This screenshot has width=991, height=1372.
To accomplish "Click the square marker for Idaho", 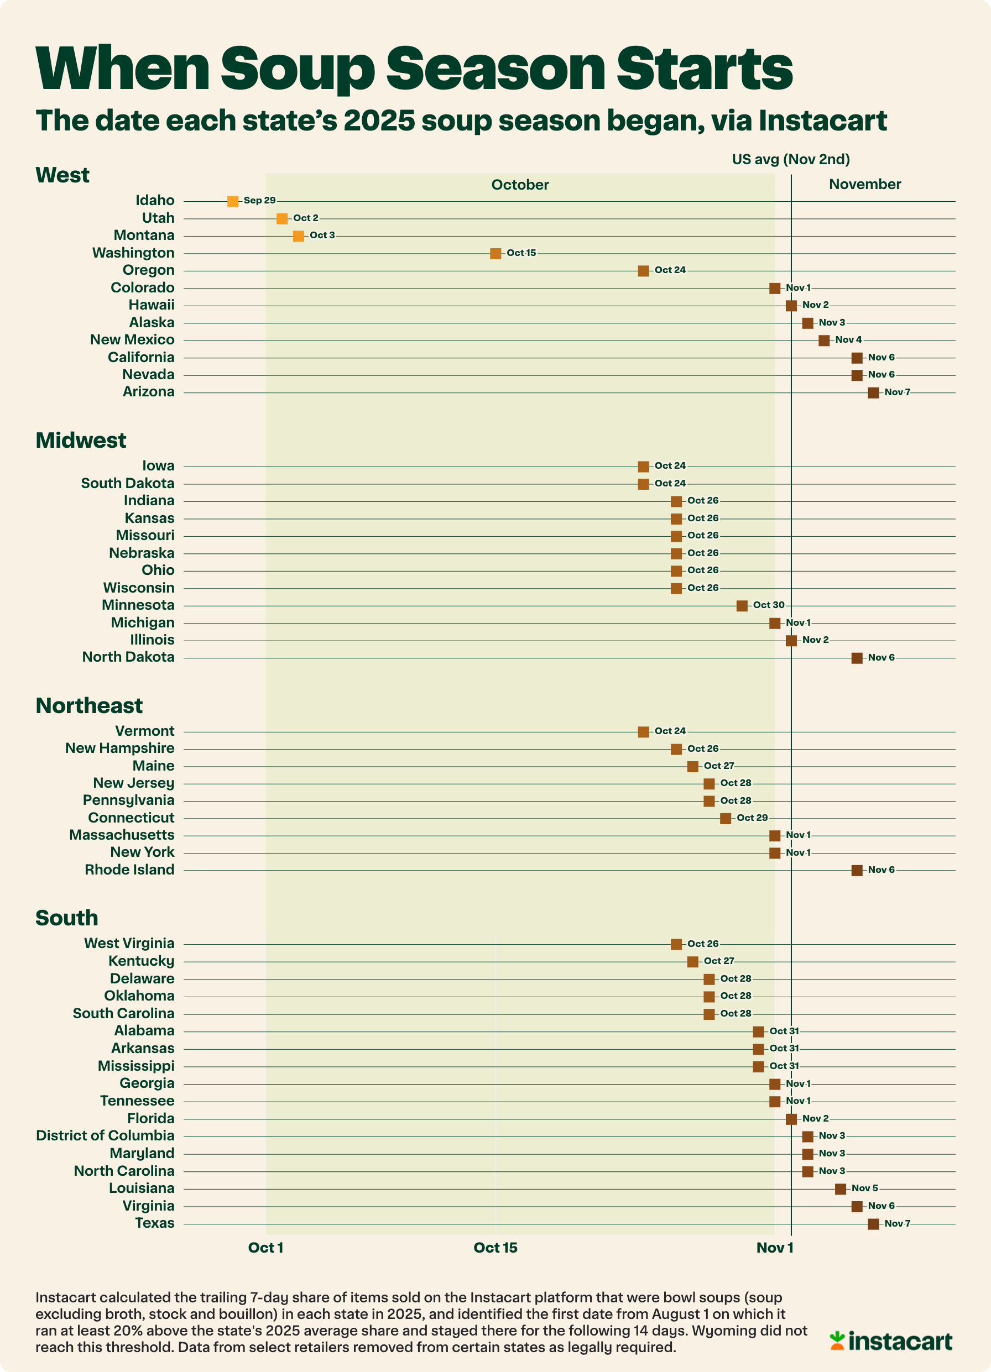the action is click(x=232, y=201).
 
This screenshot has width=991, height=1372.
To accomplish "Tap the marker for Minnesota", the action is click(x=742, y=605).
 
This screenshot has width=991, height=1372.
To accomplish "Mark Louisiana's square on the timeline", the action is click(x=840, y=1188).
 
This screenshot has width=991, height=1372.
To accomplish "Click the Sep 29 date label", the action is click(x=260, y=200).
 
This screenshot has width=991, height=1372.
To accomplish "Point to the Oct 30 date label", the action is click(x=769, y=605).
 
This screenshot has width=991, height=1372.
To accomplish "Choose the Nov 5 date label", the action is click(x=864, y=1188).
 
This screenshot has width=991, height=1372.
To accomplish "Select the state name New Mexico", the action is click(x=132, y=339).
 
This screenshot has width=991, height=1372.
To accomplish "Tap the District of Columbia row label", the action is click(x=105, y=1135).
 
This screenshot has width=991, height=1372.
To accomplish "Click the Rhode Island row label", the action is click(x=129, y=870).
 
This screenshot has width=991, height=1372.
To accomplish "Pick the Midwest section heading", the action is click(x=81, y=441).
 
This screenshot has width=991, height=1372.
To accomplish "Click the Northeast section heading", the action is click(x=89, y=705).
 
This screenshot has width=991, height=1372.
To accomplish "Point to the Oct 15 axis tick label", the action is click(x=495, y=1248).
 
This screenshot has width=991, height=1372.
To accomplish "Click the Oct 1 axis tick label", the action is click(x=266, y=1248).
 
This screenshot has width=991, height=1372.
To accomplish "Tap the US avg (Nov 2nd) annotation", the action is click(x=791, y=159).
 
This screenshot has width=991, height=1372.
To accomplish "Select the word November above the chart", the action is click(x=864, y=184).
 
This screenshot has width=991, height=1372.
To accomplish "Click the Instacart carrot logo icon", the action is click(x=837, y=1340).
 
